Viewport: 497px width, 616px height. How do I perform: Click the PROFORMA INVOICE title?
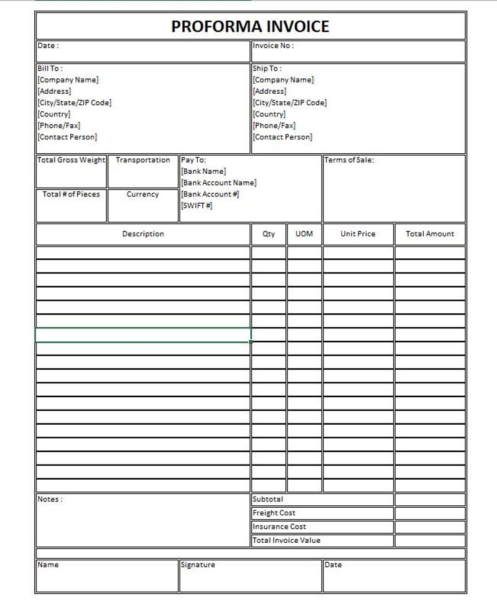click(x=250, y=26)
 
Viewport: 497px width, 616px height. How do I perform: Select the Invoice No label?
click(x=273, y=46)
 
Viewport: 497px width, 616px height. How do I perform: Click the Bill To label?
click(x=50, y=68)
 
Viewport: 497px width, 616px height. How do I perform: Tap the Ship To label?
click(x=267, y=68)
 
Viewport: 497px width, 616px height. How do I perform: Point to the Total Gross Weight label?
click(x=71, y=160)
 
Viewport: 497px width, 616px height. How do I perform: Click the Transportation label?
click(x=143, y=160)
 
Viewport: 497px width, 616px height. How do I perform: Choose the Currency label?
click(x=143, y=194)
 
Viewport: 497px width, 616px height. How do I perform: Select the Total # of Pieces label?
click(x=71, y=194)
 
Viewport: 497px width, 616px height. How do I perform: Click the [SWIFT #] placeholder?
click(x=197, y=206)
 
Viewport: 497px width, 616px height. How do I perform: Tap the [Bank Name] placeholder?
click(x=203, y=171)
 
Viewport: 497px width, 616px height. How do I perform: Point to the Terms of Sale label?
click(x=349, y=160)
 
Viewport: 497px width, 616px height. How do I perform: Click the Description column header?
click(x=143, y=234)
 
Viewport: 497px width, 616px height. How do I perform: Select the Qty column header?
click(x=269, y=234)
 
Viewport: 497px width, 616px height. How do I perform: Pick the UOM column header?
click(x=304, y=234)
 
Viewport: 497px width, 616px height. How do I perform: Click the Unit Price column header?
click(x=358, y=234)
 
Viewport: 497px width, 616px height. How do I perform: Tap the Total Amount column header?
click(x=430, y=234)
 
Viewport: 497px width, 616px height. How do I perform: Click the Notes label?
click(x=50, y=499)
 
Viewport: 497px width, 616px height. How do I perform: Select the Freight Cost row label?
click(x=274, y=513)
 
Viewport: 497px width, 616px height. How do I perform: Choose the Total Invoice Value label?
click(x=286, y=540)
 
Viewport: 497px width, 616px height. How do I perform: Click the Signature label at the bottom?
click(x=198, y=565)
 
